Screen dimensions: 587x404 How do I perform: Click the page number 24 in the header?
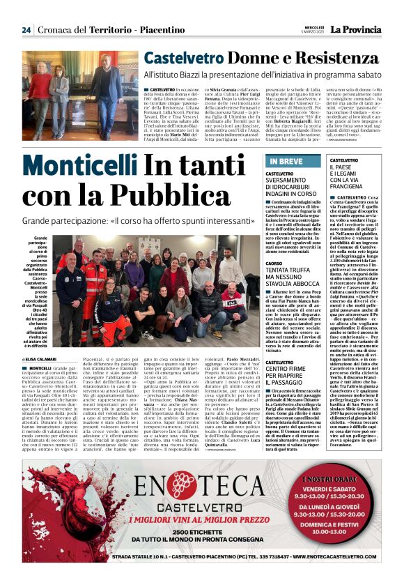pyautogui.click(x=26, y=30)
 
